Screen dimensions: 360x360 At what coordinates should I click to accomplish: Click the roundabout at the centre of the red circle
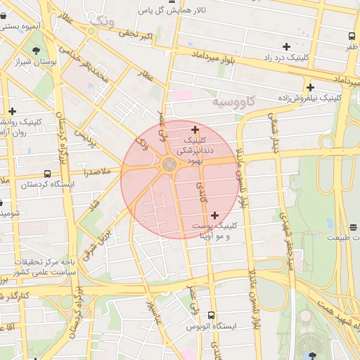[169, 165]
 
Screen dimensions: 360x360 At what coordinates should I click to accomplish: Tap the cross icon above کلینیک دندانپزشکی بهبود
[195, 129]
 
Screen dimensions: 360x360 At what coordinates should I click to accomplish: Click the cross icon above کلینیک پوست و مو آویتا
[214, 215]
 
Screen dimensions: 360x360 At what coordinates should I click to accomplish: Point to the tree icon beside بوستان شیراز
[35, 50]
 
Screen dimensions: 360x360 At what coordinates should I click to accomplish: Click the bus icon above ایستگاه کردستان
[47, 173]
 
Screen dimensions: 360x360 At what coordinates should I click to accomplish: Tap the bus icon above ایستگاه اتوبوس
[212, 316]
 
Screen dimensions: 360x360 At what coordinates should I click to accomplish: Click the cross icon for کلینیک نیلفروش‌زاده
[310, 86]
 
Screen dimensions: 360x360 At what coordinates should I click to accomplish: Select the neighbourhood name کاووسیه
[236, 103]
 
